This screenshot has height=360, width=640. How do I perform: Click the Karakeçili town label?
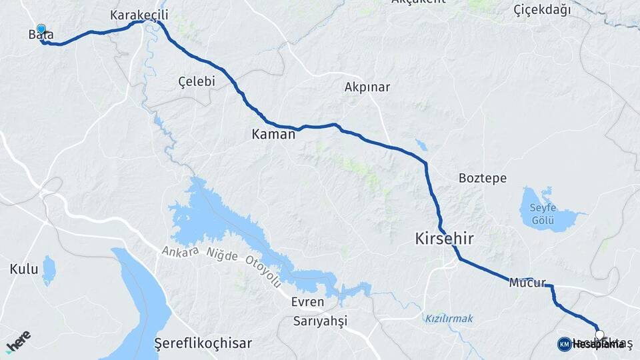pos(139,15)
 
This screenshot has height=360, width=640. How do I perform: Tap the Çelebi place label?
pos(197,81)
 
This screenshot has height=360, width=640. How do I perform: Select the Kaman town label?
pos(273,134)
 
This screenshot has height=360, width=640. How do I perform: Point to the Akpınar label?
pos(367,87)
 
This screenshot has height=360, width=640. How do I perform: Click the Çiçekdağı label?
pos(543,9)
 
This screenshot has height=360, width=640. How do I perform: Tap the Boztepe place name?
pos(483,178)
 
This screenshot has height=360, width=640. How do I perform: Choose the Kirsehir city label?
pos(445,237)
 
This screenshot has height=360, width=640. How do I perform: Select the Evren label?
pos(307,302)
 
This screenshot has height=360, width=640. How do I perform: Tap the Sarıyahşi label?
pos(321,321)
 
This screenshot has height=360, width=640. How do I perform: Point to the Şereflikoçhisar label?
pos(203,343)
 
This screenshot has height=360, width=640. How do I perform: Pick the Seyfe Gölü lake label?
pos(543,212)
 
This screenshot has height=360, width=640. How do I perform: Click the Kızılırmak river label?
pos(449,319)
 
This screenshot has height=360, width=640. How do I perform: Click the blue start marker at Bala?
pos(41,29)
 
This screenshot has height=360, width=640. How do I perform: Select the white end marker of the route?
pos(599,335)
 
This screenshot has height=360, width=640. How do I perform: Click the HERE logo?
pos(18,341)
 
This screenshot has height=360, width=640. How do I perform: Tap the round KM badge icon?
pos(564,344)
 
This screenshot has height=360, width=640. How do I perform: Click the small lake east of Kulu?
pos(49,271)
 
